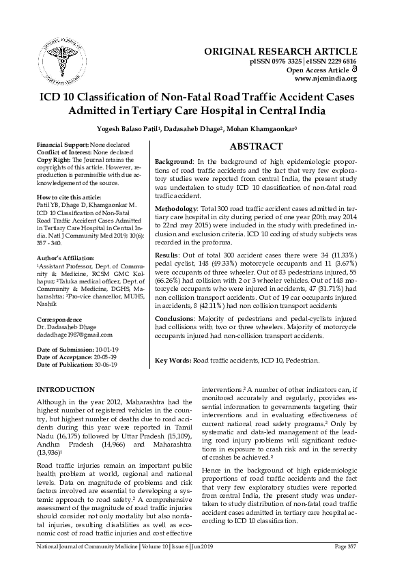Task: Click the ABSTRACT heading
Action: coord(256,147)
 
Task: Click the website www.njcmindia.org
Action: coord(325,79)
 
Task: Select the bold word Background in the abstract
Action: coord(173,161)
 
